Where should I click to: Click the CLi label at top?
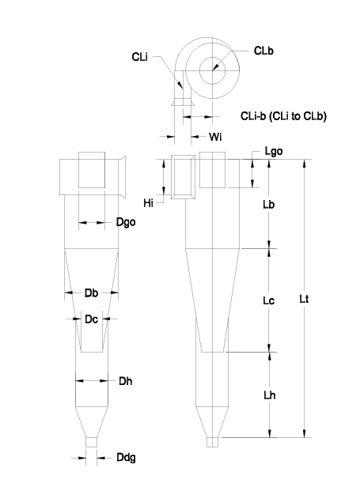click(x=139, y=57)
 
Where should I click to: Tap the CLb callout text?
click(x=263, y=51)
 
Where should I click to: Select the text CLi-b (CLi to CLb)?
click(x=283, y=116)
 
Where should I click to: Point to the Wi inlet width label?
click(x=215, y=137)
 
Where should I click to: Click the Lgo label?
click(x=274, y=151)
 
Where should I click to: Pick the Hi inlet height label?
click(x=148, y=203)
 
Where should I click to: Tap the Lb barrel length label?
click(x=268, y=205)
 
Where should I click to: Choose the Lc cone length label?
click(x=268, y=300)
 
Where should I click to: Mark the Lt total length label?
click(x=304, y=299)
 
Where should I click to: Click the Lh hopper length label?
click(x=269, y=395)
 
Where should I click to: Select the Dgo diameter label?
click(x=126, y=222)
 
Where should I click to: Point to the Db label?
click(x=91, y=293)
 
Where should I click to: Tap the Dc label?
click(x=91, y=319)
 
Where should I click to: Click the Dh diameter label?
click(x=126, y=381)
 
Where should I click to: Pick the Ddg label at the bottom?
click(x=126, y=458)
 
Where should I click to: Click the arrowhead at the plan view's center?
click(x=215, y=67)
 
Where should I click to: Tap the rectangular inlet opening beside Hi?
click(x=183, y=177)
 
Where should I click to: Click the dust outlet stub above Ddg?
click(x=91, y=442)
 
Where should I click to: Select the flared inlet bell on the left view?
click(x=122, y=177)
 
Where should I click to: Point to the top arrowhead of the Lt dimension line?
click(x=305, y=164)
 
